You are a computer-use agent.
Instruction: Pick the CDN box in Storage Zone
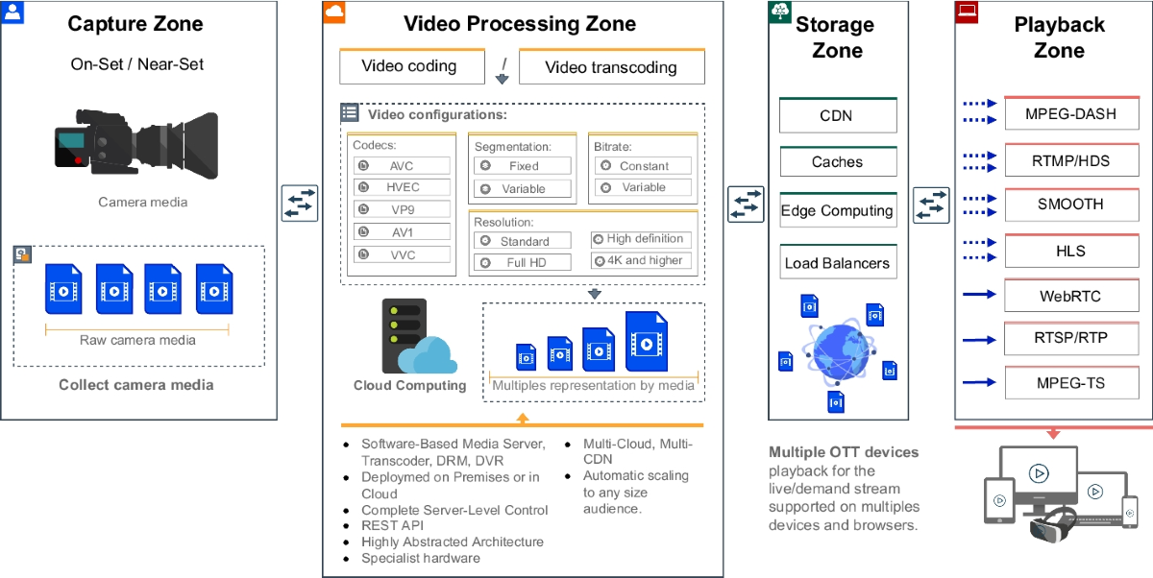pos(837,116)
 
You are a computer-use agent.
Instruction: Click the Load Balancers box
pos(837,263)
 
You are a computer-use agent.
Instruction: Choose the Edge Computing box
pos(837,211)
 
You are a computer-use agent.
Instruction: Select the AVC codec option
pos(402,166)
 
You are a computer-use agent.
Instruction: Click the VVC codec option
pos(402,254)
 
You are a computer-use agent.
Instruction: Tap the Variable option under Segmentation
pos(524,189)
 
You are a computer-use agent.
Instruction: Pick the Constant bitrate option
pos(643,166)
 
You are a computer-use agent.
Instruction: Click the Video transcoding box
pos(611,67)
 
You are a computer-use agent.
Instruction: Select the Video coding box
pos(409,66)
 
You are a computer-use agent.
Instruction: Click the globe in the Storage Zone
pos(838,350)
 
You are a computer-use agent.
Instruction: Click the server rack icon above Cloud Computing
pos(404,335)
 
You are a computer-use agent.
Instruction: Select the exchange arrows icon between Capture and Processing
pos(300,204)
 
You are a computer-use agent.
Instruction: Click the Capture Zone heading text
pos(135,24)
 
